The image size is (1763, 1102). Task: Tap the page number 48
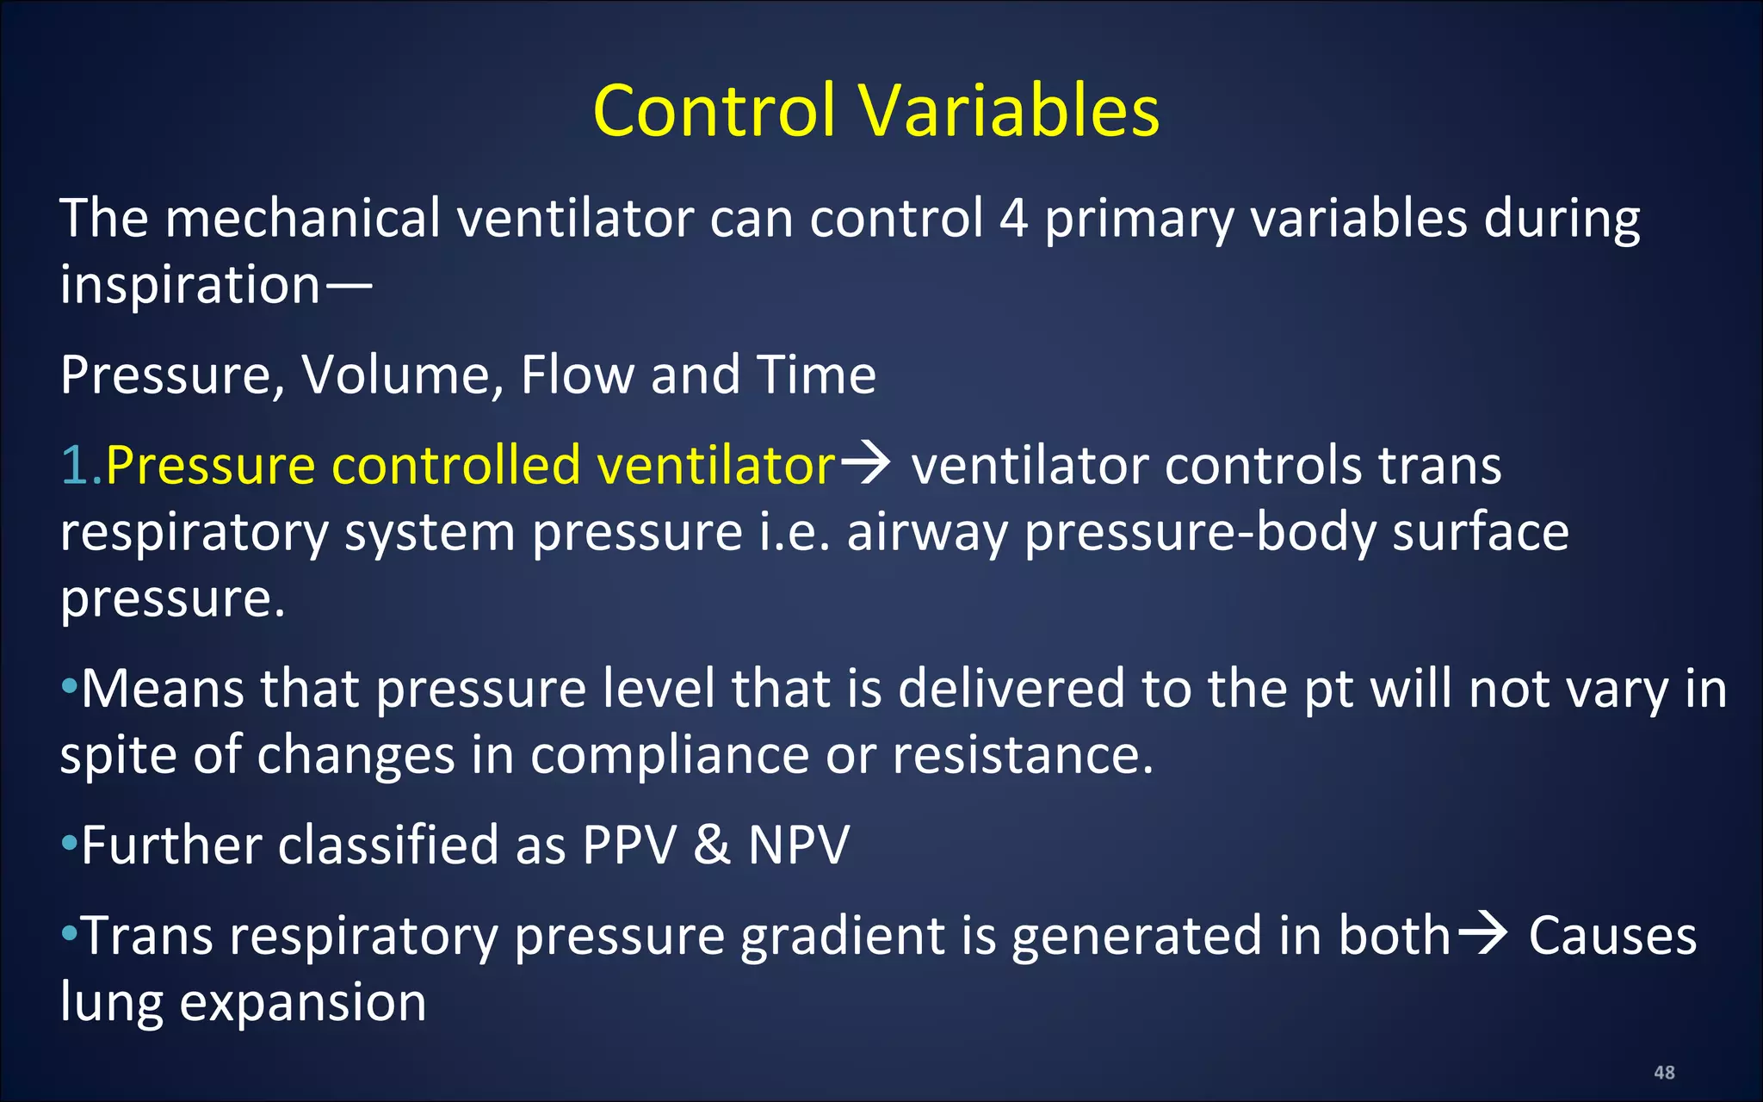(1664, 1072)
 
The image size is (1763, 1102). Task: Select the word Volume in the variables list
(402, 375)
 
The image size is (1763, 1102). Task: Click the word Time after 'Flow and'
(816, 375)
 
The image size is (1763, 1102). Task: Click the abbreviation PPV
(629, 845)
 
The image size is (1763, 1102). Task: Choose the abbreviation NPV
(798, 845)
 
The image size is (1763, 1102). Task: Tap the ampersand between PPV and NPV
(712, 845)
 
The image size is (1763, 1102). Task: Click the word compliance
(669, 755)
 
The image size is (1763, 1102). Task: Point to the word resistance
(1022, 755)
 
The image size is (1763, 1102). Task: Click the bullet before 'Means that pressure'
(69, 688)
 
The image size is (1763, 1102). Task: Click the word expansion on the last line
(302, 1002)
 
